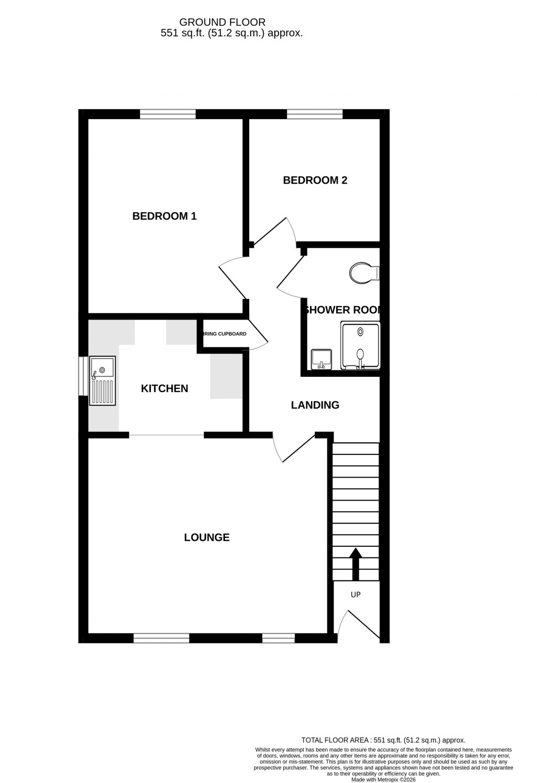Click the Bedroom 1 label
tap(164, 216)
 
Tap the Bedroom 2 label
tap(315, 180)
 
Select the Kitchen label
tap(164, 388)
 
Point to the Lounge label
tap(207, 537)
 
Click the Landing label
tap(315, 405)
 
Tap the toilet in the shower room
tap(363, 273)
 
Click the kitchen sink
tap(102, 380)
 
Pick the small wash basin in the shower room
tap(320, 359)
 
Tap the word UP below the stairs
tap(356, 595)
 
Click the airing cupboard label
tap(224, 334)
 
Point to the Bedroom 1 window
tap(168, 114)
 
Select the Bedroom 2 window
tap(315, 114)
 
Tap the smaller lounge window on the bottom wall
tap(278, 638)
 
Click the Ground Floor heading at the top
tap(222, 22)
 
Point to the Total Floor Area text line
tap(383, 740)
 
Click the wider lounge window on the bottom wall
tap(161, 638)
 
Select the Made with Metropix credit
tap(383, 780)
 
